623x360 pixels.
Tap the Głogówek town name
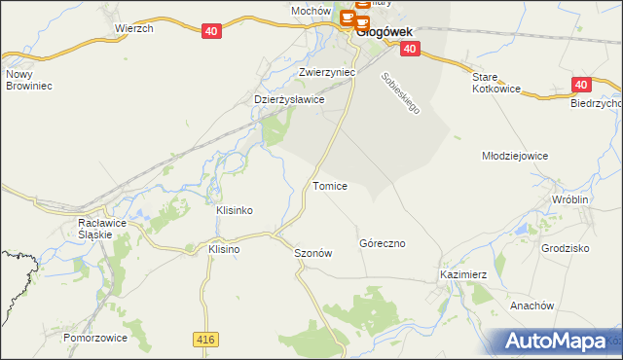[386, 30]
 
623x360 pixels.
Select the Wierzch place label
[134, 29]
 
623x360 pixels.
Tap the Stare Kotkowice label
[496, 83]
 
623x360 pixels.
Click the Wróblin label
[570, 198]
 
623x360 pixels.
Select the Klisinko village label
[234, 210]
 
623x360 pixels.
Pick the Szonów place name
[313, 253]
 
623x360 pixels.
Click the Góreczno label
[382, 243]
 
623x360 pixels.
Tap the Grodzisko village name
[566, 248]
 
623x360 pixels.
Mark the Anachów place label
[531, 306]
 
